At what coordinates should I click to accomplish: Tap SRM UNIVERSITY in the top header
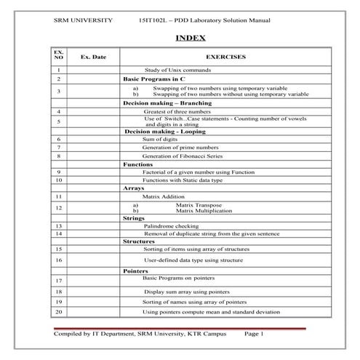[x=84, y=20]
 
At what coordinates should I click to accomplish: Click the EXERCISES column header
[x=226, y=56]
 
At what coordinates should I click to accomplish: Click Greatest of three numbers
[x=177, y=112]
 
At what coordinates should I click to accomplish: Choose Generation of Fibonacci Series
[x=182, y=156]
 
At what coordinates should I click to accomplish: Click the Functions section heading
[x=137, y=164]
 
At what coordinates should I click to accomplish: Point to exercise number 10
[x=58, y=179]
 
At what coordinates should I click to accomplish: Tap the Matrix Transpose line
[x=200, y=205]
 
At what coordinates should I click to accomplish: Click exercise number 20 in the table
[x=58, y=312]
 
